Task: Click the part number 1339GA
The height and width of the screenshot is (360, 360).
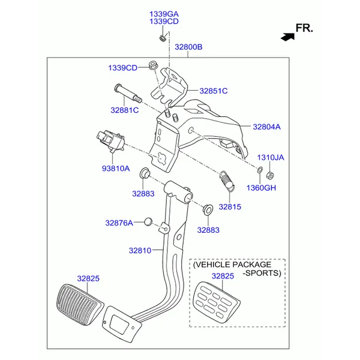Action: click(164, 13)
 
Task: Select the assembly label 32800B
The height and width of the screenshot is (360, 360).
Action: click(188, 47)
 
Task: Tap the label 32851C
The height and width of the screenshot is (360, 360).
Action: click(214, 91)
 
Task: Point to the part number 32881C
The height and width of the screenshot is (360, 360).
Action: click(124, 110)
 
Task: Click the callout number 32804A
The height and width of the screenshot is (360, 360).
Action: click(266, 127)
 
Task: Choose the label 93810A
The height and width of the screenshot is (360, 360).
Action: click(115, 169)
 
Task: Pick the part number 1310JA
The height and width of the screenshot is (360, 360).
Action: click(271, 157)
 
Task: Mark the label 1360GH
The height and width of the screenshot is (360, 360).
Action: click(261, 188)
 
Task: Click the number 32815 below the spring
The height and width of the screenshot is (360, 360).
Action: click(229, 206)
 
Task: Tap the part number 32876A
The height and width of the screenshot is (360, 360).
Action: click(119, 223)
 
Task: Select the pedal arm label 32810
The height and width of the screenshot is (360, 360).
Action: click(140, 250)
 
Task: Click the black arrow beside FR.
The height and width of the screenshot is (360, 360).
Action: click(287, 36)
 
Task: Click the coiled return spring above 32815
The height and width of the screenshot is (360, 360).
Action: click(226, 178)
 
